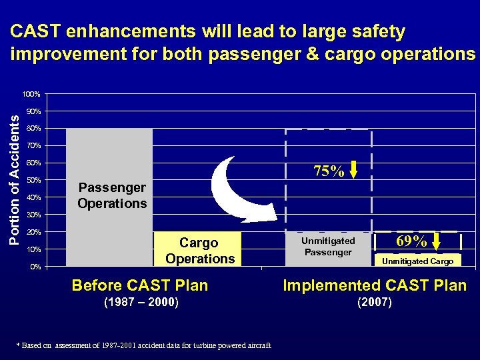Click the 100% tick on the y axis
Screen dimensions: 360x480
coord(31,93)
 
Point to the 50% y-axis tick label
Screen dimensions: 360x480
coord(33,180)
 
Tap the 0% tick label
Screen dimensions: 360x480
coord(35,267)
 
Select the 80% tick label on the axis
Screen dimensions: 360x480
coord(33,128)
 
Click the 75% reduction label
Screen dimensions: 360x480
coord(329,171)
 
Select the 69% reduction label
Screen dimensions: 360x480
coord(411,241)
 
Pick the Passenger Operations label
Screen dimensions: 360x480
coord(111,195)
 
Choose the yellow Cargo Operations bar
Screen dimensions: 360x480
coord(199,250)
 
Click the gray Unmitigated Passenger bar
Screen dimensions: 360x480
coord(327,246)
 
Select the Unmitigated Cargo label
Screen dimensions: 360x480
coord(417,261)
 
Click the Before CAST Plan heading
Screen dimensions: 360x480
coord(140,285)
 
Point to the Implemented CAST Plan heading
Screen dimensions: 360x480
coord(375,285)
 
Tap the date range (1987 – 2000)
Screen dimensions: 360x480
coord(141,302)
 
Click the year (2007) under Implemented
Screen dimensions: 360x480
coord(375,302)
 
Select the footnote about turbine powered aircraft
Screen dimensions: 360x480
coord(144,345)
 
